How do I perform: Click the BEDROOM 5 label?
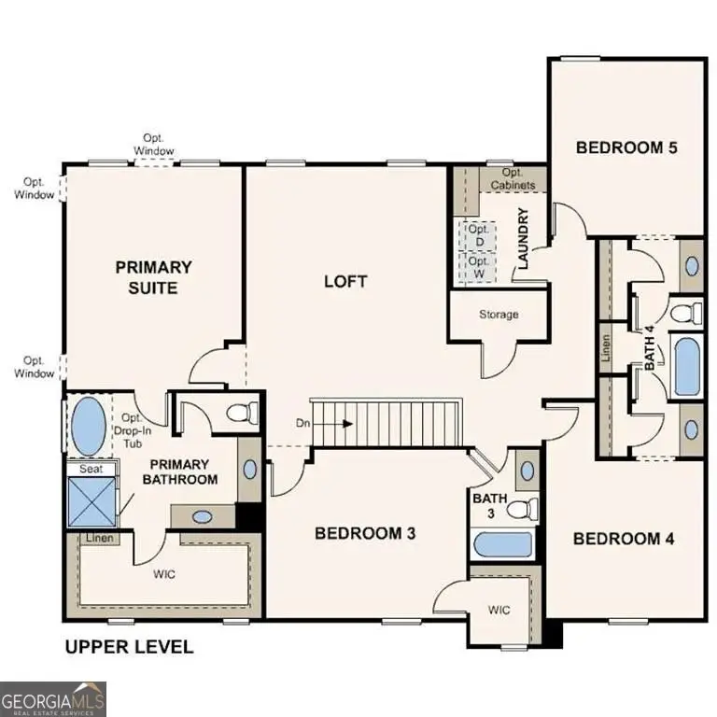coord(625,147)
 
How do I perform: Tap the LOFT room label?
coord(345,281)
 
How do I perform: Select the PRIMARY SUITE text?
coord(154,277)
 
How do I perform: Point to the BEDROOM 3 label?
coord(365,533)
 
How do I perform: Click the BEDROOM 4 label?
coord(624,539)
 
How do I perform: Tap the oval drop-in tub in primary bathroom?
coord(89,425)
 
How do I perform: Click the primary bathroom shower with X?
coord(91,502)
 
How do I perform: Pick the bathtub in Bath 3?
coord(502,544)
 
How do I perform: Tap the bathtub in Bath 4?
coord(686,367)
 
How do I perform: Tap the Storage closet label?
coord(499,315)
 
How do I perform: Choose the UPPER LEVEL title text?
coord(128,646)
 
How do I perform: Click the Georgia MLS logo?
coord(54,697)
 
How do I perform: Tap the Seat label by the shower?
coord(91,469)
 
